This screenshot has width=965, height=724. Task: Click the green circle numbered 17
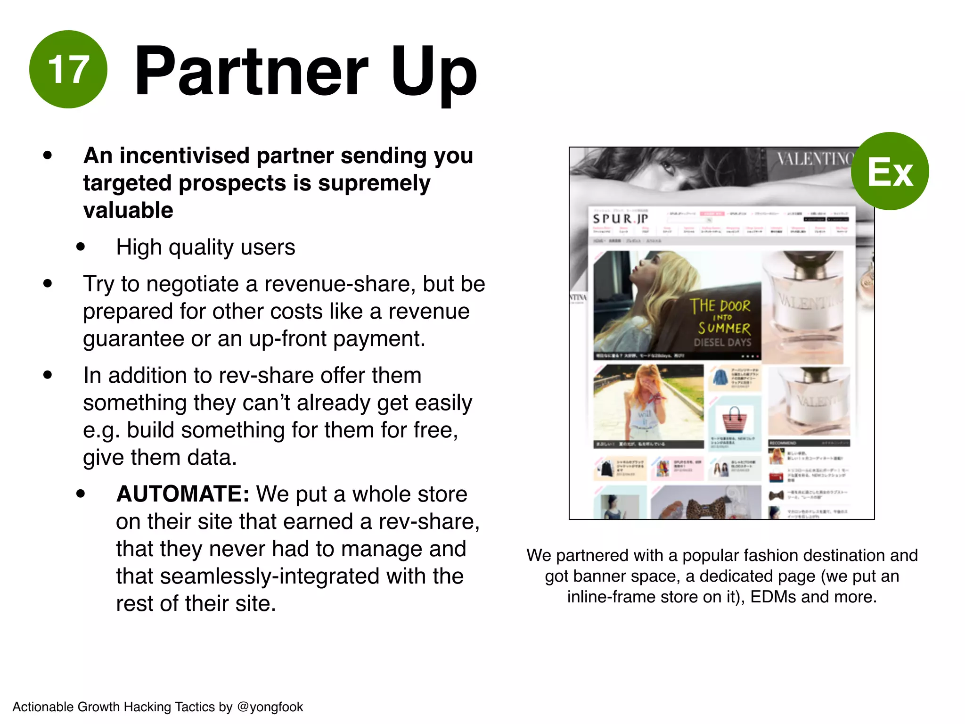(x=68, y=69)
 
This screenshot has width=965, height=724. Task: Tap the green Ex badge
(x=890, y=171)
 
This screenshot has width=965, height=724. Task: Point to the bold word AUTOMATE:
(x=183, y=494)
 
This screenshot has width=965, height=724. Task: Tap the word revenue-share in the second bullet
(x=340, y=284)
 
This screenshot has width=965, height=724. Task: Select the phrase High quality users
(x=205, y=247)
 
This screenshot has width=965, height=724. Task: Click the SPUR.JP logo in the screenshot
(x=620, y=219)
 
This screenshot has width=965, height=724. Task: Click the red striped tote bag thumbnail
(x=735, y=419)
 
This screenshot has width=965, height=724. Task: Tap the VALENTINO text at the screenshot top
(x=814, y=159)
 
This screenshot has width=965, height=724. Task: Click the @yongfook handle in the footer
(x=270, y=707)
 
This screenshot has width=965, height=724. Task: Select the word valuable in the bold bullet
(x=128, y=210)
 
